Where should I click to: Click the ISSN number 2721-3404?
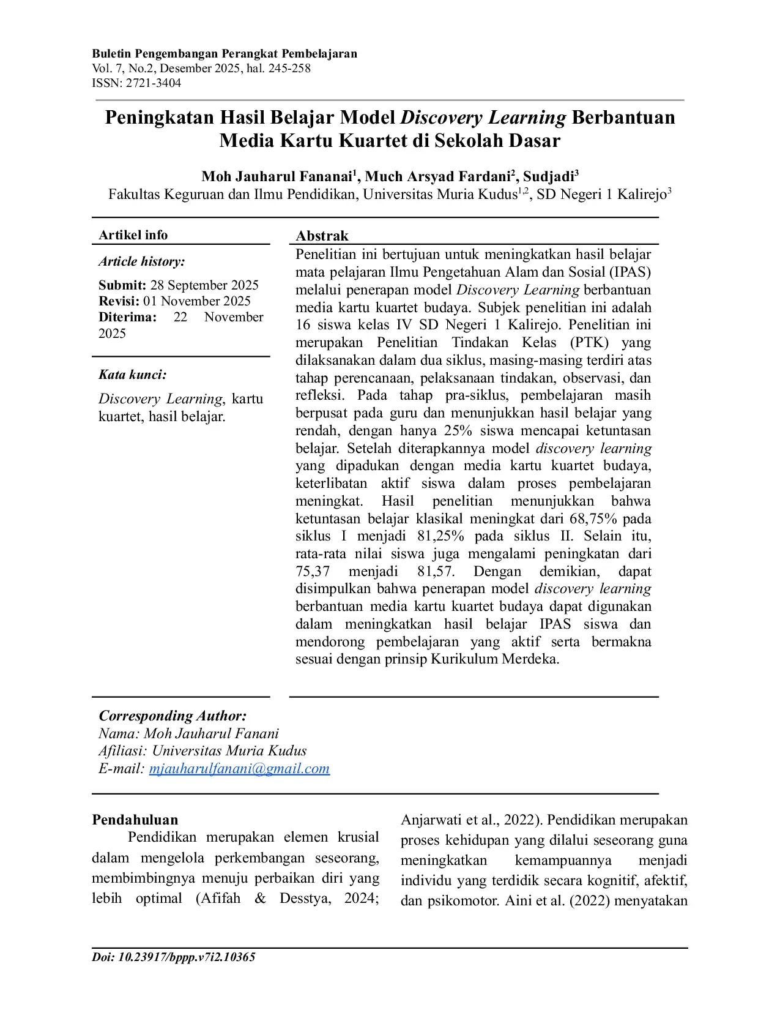154,83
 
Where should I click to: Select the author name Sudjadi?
548,177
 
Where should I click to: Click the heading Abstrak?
322,236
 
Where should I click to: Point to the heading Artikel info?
133,235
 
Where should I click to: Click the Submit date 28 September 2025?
204,285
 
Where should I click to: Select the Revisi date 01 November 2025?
197,301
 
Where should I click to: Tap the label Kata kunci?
132,375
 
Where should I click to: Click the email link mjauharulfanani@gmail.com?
239,769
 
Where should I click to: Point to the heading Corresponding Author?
173,716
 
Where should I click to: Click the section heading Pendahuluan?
135,820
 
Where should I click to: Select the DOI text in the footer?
174,957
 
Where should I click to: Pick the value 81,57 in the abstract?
436,572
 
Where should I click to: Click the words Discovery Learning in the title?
483,117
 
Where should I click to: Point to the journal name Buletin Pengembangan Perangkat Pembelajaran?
225,54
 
